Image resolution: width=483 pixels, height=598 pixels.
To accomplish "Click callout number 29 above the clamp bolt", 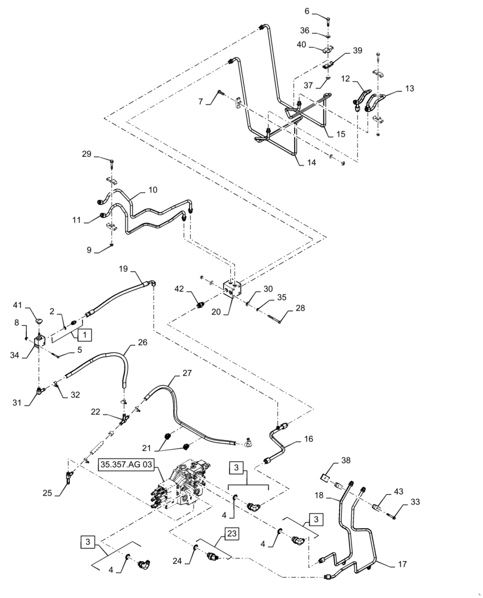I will pyautogui.click(x=87, y=155).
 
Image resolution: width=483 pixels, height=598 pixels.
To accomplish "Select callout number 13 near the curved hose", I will pyautogui.click(x=409, y=88).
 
